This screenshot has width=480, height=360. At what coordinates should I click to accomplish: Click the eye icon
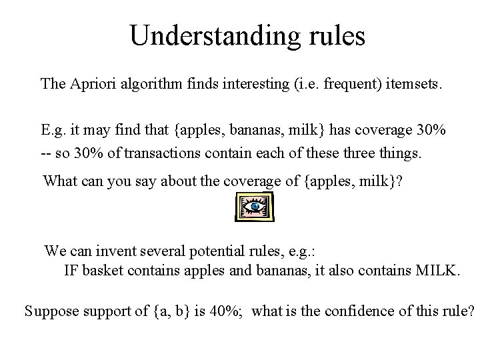(255, 208)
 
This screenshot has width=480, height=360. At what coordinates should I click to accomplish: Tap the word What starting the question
(60, 181)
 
